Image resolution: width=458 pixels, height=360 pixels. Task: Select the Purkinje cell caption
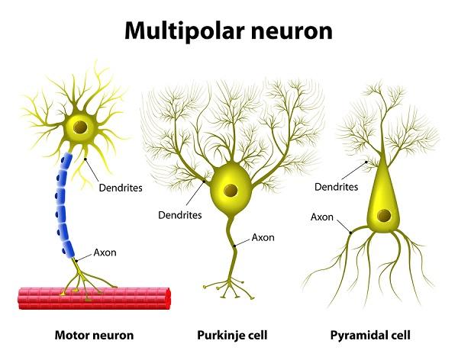[226, 335]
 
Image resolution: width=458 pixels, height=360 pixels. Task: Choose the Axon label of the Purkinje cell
[264, 237]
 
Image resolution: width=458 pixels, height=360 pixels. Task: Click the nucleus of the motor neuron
[79, 127]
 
